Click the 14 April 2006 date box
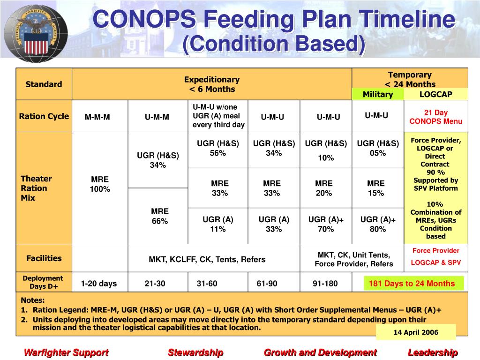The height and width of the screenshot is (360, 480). click(415, 332)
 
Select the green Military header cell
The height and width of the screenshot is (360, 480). click(377, 94)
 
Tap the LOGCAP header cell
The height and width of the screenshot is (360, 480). click(435, 94)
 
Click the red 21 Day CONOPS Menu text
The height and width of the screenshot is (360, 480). click(435, 117)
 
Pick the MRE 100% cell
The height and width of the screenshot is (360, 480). click(100, 184)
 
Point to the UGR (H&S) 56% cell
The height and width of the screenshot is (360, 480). click(217, 148)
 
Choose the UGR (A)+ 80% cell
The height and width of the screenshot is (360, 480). click(378, 224)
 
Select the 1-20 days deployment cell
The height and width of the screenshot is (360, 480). click(98, 284)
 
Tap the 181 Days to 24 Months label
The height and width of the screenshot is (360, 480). click(412, 284)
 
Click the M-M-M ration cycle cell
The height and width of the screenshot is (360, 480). click(97, 117)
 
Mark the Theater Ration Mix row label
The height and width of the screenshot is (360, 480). click(36, 188)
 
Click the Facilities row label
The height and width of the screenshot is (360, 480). click(44, 258)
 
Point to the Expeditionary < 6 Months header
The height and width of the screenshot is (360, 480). click(211, 84)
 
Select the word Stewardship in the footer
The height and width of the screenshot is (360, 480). click(195, 352)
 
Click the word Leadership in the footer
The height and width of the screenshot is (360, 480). click(432, 352)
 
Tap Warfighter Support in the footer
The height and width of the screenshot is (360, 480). click(66, 352)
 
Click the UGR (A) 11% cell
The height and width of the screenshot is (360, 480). click(217, 224)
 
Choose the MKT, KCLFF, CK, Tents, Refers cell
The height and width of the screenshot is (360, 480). click(207, 259)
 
